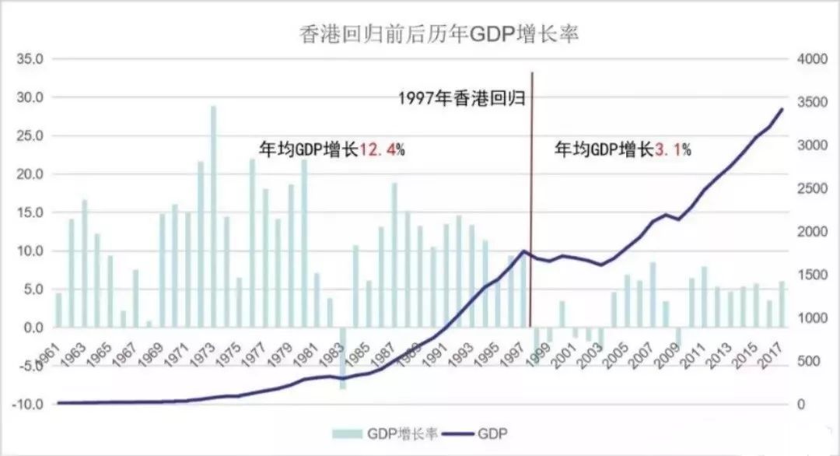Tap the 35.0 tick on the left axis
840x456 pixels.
(x=35, y=59)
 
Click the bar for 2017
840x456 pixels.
(x=782, y=304)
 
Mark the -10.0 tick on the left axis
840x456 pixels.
(x=33, y=404)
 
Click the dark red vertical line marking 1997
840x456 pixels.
(x=531, y=195)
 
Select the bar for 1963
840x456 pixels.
(x=72, y=272)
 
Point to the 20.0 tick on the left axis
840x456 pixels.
(x=35, y=174)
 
